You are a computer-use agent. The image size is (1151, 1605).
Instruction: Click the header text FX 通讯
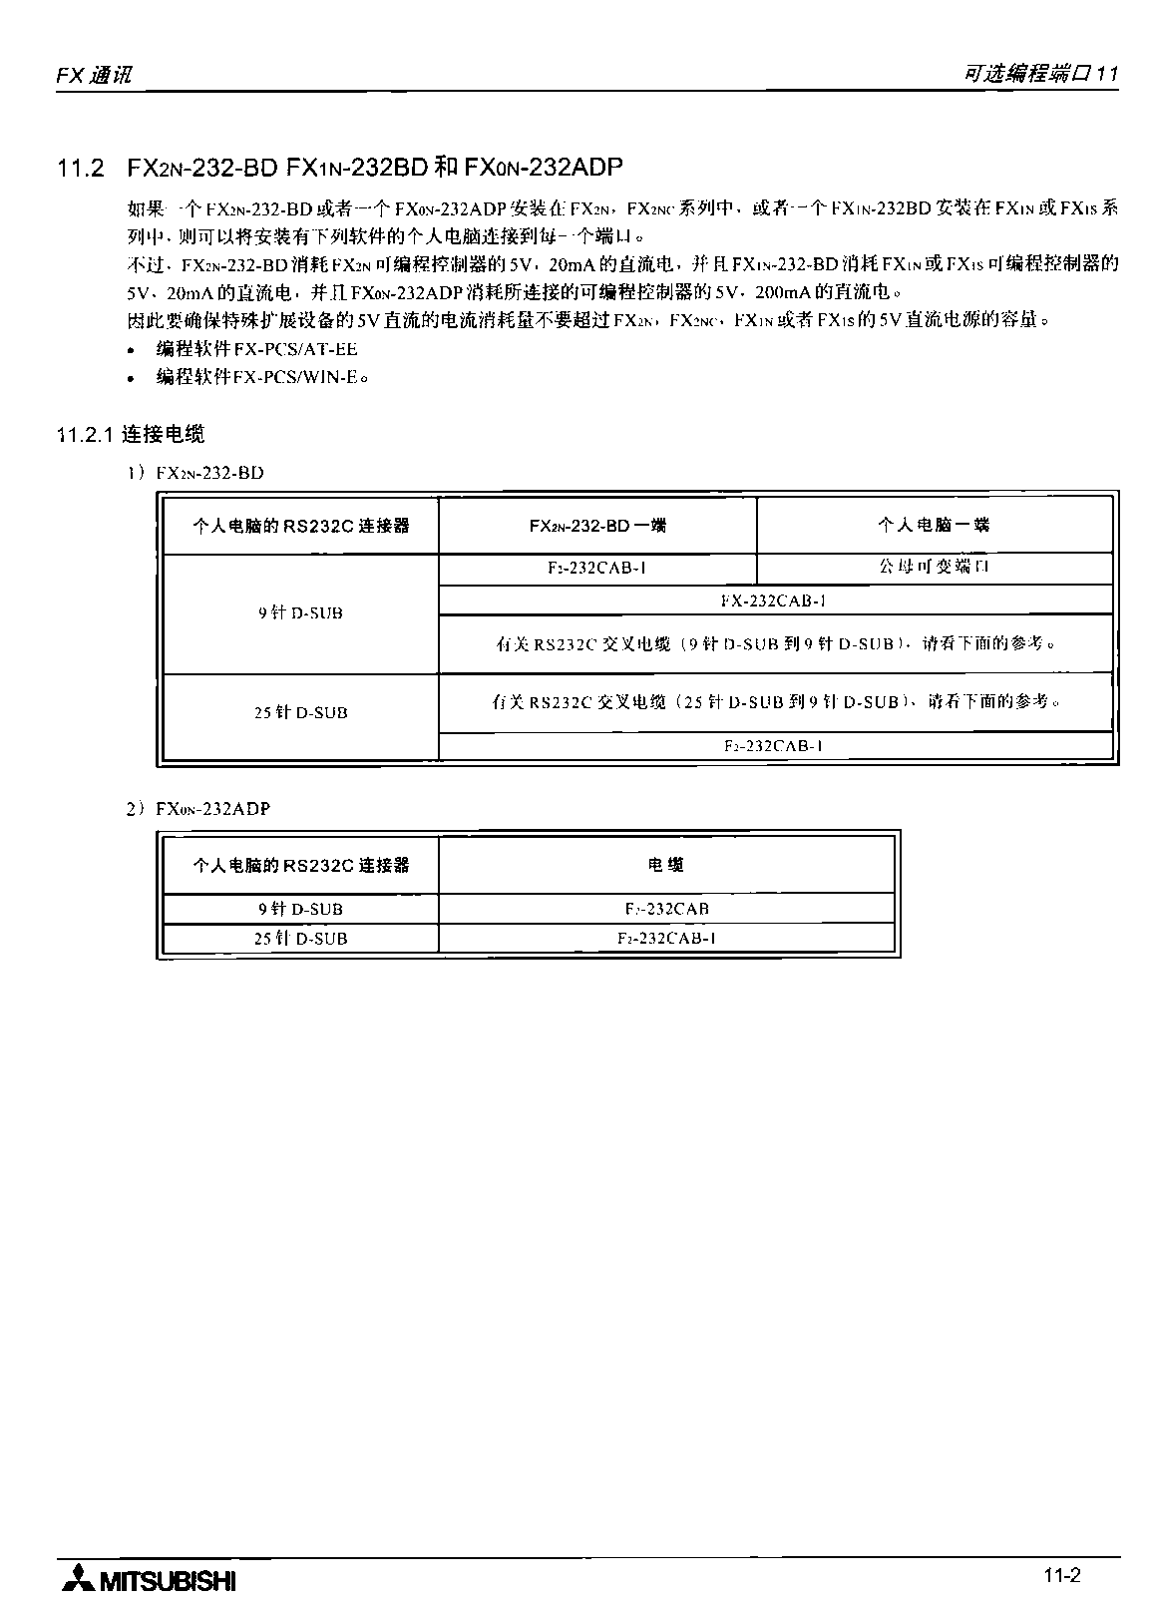93,75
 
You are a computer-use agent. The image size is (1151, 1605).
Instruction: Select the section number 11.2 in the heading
81,168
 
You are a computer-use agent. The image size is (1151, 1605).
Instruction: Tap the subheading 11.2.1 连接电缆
131,434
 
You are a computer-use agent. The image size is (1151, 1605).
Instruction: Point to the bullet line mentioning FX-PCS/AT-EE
256,349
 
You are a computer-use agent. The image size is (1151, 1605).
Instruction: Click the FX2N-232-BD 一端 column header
597,525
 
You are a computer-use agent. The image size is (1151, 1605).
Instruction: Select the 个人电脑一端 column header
934,525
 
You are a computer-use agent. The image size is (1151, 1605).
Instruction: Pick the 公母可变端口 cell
934,567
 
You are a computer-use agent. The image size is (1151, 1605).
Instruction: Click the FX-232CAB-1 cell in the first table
774,601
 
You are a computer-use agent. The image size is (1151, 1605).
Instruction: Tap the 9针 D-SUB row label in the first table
300,613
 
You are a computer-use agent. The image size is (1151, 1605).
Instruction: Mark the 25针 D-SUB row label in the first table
300,712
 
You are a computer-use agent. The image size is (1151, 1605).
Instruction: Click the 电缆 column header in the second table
665,865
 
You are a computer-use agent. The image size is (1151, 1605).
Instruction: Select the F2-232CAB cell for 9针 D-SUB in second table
665,909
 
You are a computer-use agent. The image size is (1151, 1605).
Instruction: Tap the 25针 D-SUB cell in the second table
300,938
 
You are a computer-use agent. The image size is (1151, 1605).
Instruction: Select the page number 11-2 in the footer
1062,1576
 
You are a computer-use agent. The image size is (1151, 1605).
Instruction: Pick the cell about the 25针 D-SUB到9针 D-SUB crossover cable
774,702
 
